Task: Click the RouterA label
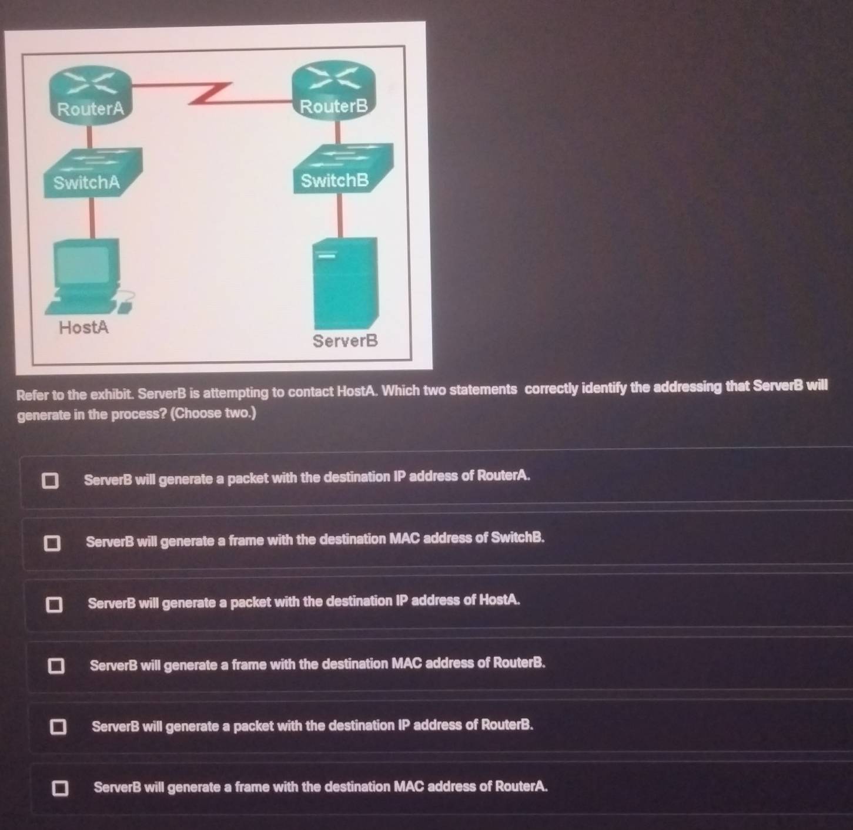pos(91,109)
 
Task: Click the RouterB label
pos(333,106)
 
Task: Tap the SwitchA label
pos(86,182)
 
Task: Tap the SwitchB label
pos(335,180)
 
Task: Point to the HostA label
pos(83,327)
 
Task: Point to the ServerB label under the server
pos(345,341)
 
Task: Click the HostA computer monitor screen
pos(82,264)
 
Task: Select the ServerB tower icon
pos(346,283)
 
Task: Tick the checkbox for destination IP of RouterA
pos(50,480)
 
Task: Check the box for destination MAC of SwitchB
pos(52,543)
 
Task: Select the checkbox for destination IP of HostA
pos(54,604)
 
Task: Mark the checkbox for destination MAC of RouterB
pos(56,666)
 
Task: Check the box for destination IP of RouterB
pos(58,727)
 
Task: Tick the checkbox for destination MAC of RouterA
pos(60,788)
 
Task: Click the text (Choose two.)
pos(213,414)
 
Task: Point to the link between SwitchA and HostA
pos(92,218)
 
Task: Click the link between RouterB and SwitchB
pos(337,132)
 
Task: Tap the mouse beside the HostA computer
pos(125,307)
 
